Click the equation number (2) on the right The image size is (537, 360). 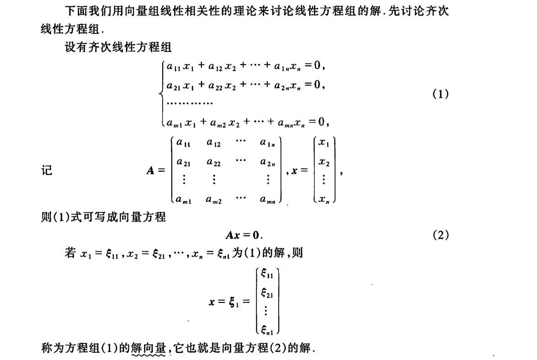[x=440, y=235]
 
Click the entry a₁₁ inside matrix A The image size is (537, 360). [x=184, y=143]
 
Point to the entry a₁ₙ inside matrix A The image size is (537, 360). [x=267, y=143]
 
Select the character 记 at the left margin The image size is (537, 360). [x=47, y=171]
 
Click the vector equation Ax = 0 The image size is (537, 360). [x=245, y=236]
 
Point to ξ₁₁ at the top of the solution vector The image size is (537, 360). [x=267, y=274]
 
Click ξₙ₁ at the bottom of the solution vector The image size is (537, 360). [x=267, y=328]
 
